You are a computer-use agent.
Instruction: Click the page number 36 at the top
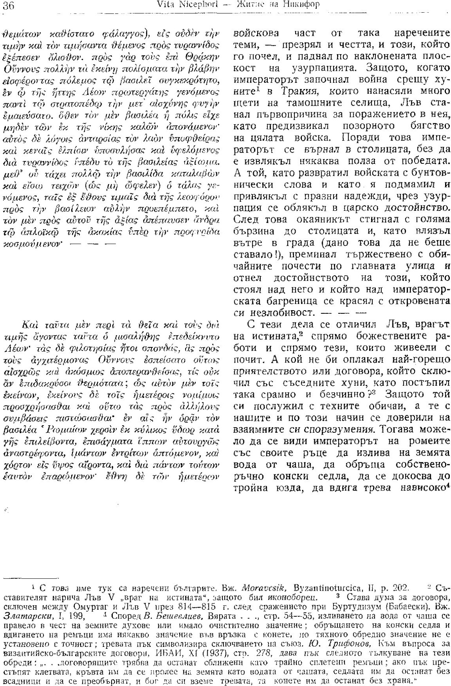tap(8, 5)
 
